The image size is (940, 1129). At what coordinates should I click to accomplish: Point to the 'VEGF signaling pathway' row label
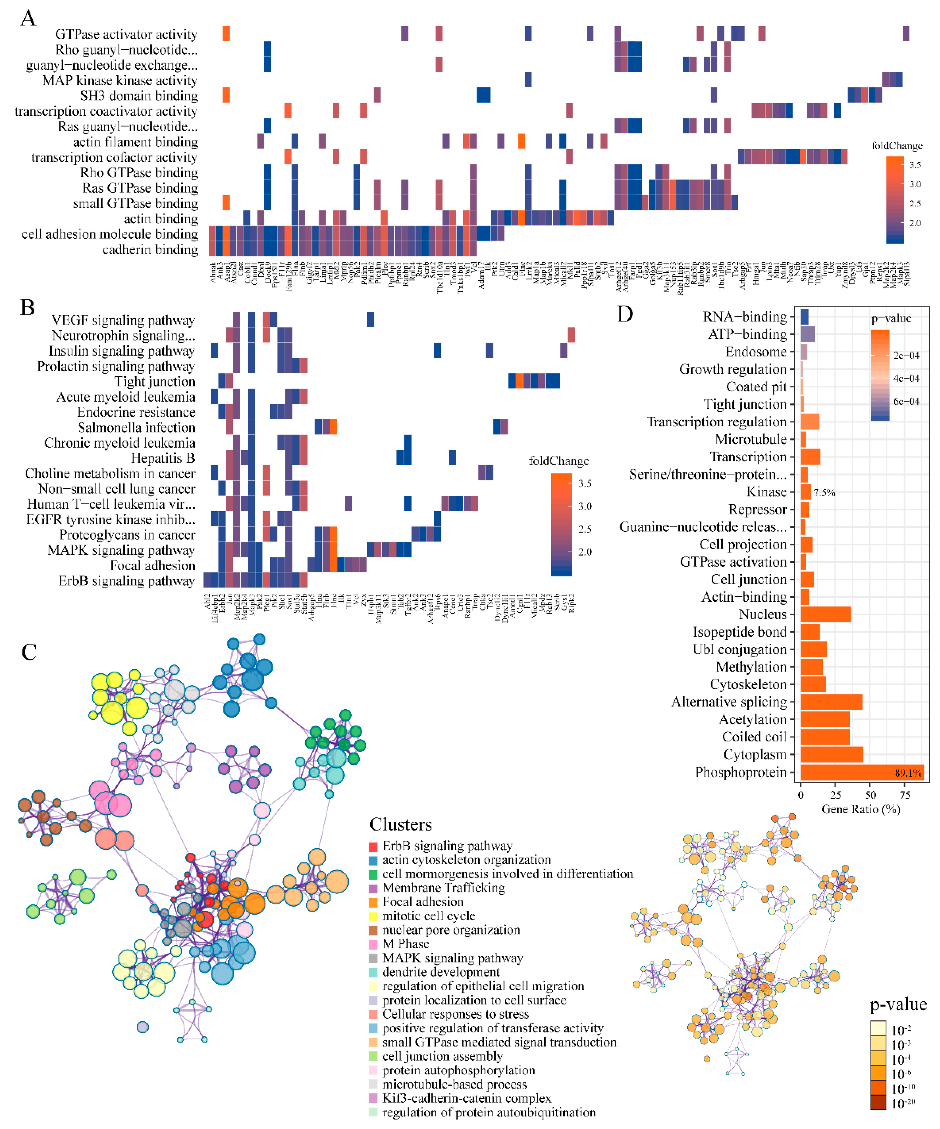click(123, 320)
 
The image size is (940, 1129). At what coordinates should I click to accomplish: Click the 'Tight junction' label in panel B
click(155, 382)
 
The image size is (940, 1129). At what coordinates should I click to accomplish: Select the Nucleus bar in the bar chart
click(825, 615)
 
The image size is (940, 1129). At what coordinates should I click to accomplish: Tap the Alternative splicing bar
click(831, 702)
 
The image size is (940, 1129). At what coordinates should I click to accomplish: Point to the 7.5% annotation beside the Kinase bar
click(824, 492)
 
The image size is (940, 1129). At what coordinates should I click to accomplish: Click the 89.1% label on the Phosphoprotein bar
click(908, 773)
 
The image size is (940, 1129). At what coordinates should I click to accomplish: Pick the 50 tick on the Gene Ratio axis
click(871, 796)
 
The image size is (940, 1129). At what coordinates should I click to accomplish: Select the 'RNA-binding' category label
click(744, 317)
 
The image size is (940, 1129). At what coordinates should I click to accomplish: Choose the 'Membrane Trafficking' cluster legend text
click(443, 888)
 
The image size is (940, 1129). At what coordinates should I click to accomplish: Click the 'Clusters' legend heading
click(400, 825)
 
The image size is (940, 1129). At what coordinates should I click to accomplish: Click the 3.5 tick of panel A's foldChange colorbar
click(915, 165)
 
